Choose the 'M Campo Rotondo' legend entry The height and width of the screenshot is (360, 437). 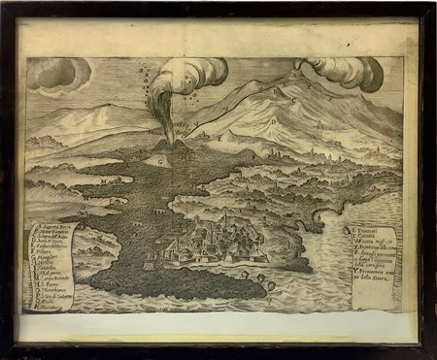click(54, 295)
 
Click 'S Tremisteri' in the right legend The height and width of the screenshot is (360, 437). click(364, 230)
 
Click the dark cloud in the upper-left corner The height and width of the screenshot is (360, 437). click(55, 74)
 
